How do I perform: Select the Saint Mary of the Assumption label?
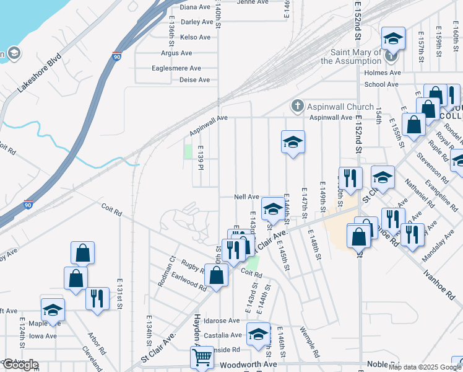[x=351, y=56]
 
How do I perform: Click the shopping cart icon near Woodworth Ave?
[x=202, y=358]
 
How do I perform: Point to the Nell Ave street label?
[x=246, y=197]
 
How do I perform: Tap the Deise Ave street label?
[x=194, y=80]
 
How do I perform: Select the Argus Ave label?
[x=176, y=53]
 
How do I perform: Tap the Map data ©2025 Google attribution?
[x=425, y=367]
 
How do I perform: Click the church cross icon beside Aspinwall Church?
[x=297, y=106]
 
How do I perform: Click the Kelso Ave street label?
[x=195, y=38]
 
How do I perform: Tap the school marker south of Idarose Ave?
[x=258, y=335]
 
